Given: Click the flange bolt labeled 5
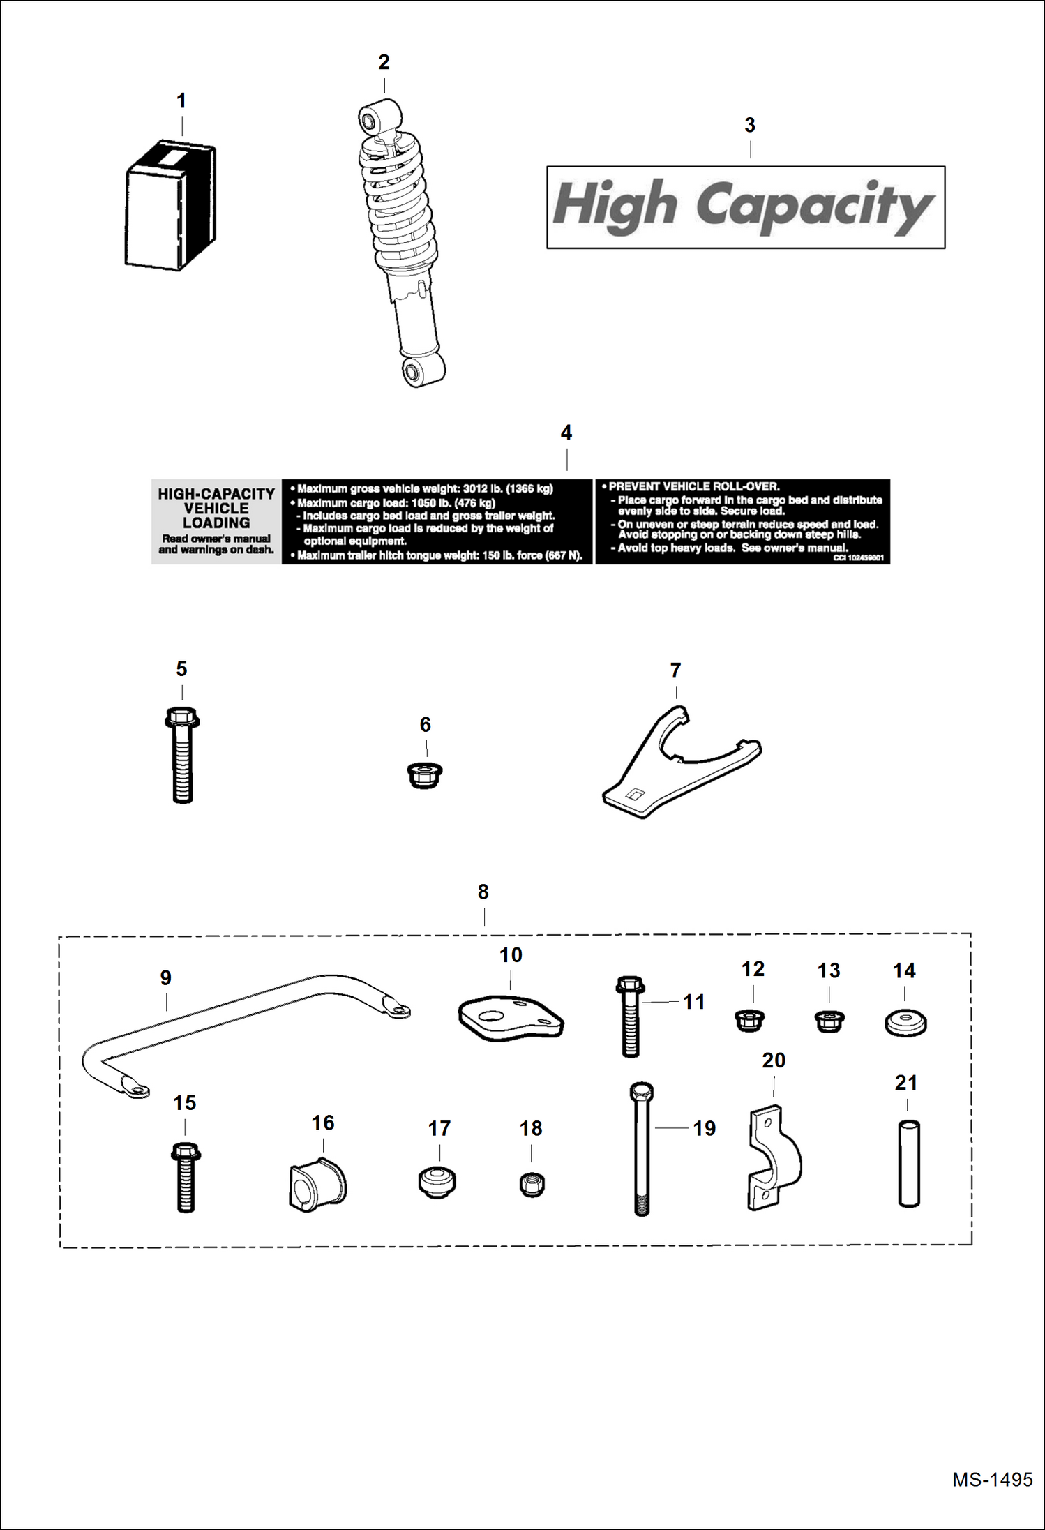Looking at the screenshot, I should [182, 756].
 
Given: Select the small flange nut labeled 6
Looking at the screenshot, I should [424, 775].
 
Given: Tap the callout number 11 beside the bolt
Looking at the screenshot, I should [693, 1002].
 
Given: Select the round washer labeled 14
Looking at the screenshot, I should [905, 1023].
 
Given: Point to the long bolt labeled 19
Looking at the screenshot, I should [641, 1150].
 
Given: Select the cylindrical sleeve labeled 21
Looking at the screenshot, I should [908, 1164].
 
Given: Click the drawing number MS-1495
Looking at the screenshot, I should [991, 1479].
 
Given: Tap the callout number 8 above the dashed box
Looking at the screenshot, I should [483, 892].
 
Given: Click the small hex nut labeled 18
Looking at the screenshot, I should [532, 1185].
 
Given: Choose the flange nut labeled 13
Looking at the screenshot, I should [829, 1021].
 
